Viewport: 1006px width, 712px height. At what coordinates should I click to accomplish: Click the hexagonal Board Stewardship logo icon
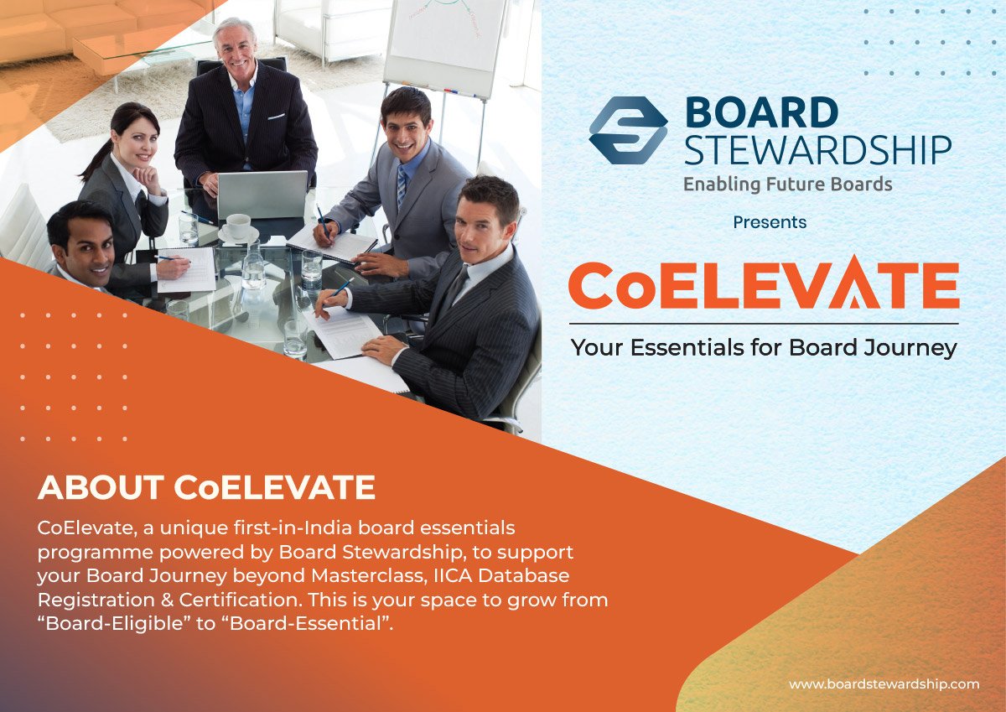(628, 130)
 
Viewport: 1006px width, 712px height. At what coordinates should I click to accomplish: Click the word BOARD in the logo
(762, 112)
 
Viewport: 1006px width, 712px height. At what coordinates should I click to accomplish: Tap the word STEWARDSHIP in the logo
(818, 150)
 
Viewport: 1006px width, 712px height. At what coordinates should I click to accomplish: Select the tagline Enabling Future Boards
(788, 184)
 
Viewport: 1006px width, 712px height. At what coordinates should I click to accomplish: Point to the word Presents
(770, 222)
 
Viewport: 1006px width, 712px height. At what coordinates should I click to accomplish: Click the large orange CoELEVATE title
(764, 283)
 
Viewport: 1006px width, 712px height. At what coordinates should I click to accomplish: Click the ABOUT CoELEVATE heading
(206, 487)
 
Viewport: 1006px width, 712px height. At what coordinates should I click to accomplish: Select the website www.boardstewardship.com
(884, 684)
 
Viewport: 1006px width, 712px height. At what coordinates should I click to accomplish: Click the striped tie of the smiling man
(402, 184)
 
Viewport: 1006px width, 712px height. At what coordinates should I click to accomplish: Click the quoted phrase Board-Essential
(307, 623)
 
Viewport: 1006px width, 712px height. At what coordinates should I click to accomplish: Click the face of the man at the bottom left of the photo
(86, 254)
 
